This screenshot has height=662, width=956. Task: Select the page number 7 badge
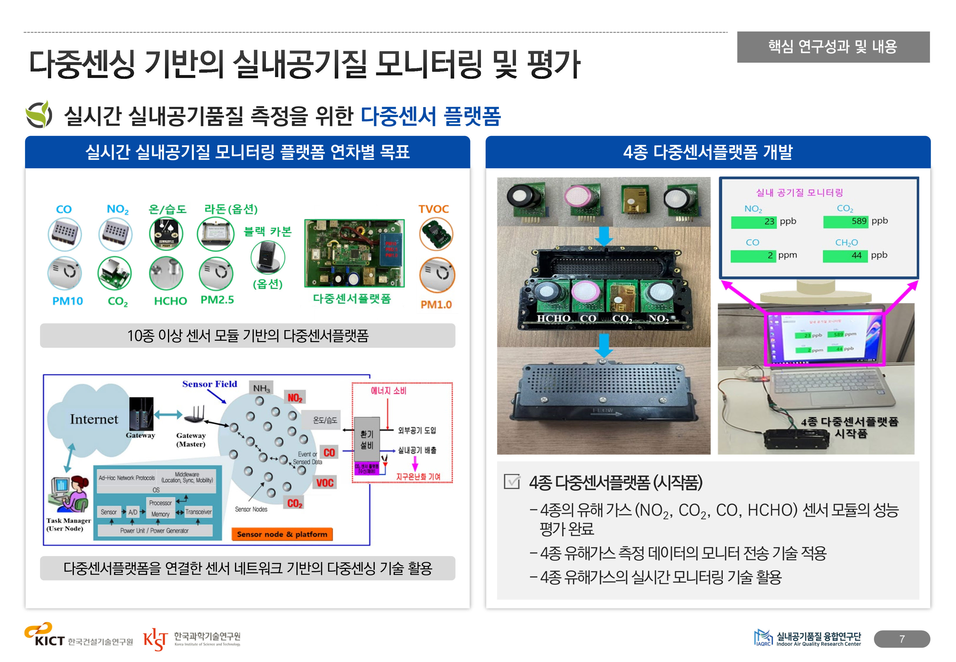click(x=901, y=639)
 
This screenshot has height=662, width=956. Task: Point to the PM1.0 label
click(x=436, y=305)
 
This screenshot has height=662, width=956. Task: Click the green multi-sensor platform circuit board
click(x=354, y=253)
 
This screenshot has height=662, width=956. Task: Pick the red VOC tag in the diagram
click(x=325, y=483)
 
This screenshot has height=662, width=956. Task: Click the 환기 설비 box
click(x=367, y=440)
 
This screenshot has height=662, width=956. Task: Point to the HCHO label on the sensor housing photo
click(x=554, y=318)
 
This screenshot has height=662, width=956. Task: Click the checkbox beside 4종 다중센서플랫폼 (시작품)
click(x=512, y=482)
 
